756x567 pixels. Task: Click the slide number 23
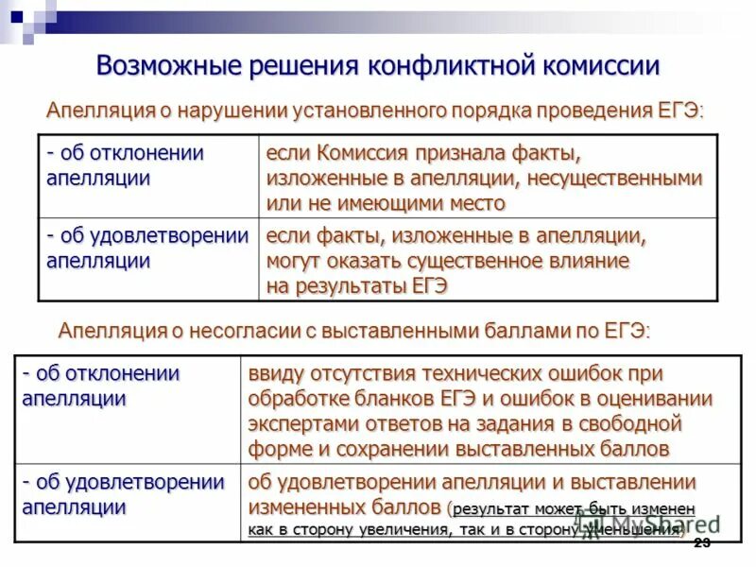[701, 542]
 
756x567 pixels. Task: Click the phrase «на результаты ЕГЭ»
[357, 285]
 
